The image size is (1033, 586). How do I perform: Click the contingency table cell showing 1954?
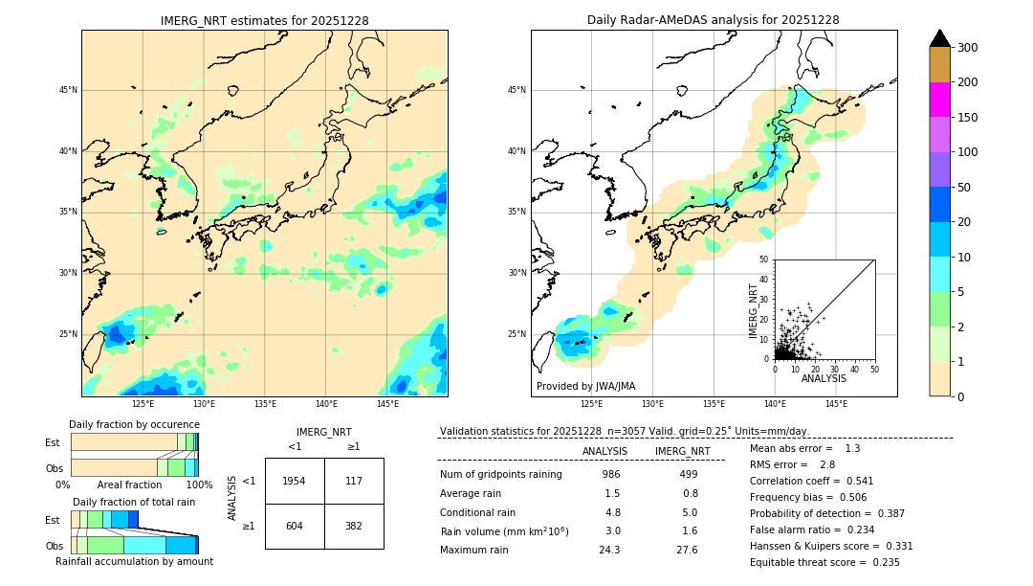[x=295, y=481]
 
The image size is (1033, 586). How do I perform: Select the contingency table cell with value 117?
[x=354, y=481]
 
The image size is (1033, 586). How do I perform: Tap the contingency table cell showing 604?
[x=295, y=526]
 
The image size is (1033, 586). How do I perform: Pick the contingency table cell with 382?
[x=354, y=526]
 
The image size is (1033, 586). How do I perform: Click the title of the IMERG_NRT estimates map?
[x=264, y=20]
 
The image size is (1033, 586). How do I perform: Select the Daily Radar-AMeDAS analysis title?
[x=714, y=20]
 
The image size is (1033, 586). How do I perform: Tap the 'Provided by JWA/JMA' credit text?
[x=585, y=387]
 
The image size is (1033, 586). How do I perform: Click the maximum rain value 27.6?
[x=687, y=550]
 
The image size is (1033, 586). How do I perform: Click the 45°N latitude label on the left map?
[x=68, y=90]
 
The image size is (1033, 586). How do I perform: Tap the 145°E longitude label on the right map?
[x=836, y=404]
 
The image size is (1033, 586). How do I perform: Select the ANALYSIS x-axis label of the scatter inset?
[x=824, y=378]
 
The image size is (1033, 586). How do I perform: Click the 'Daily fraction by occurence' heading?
[x=134, y=424]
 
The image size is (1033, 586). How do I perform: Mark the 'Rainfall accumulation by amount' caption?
[x=134, y=562]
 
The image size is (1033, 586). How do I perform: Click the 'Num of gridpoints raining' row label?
[x=500, y=474]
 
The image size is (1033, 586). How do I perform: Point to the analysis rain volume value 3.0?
[x=612, y=530]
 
